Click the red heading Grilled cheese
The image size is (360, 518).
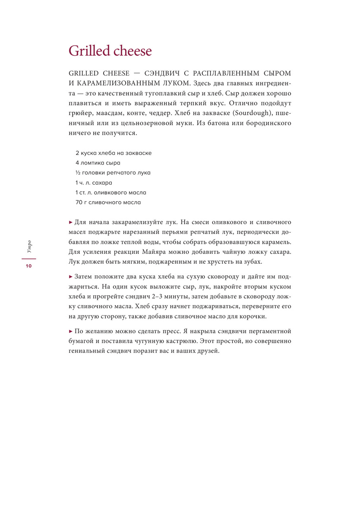point(111,51)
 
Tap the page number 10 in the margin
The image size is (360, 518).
point(28,266)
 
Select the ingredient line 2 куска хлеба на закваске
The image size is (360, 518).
point(114,153)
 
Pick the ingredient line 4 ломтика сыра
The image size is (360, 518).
point(98,163)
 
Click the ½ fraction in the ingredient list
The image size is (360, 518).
point(78,173)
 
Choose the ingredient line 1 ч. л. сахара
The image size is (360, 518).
point(94,183)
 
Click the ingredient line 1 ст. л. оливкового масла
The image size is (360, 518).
point(111,193)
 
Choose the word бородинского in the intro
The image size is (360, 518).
point(266,123)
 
